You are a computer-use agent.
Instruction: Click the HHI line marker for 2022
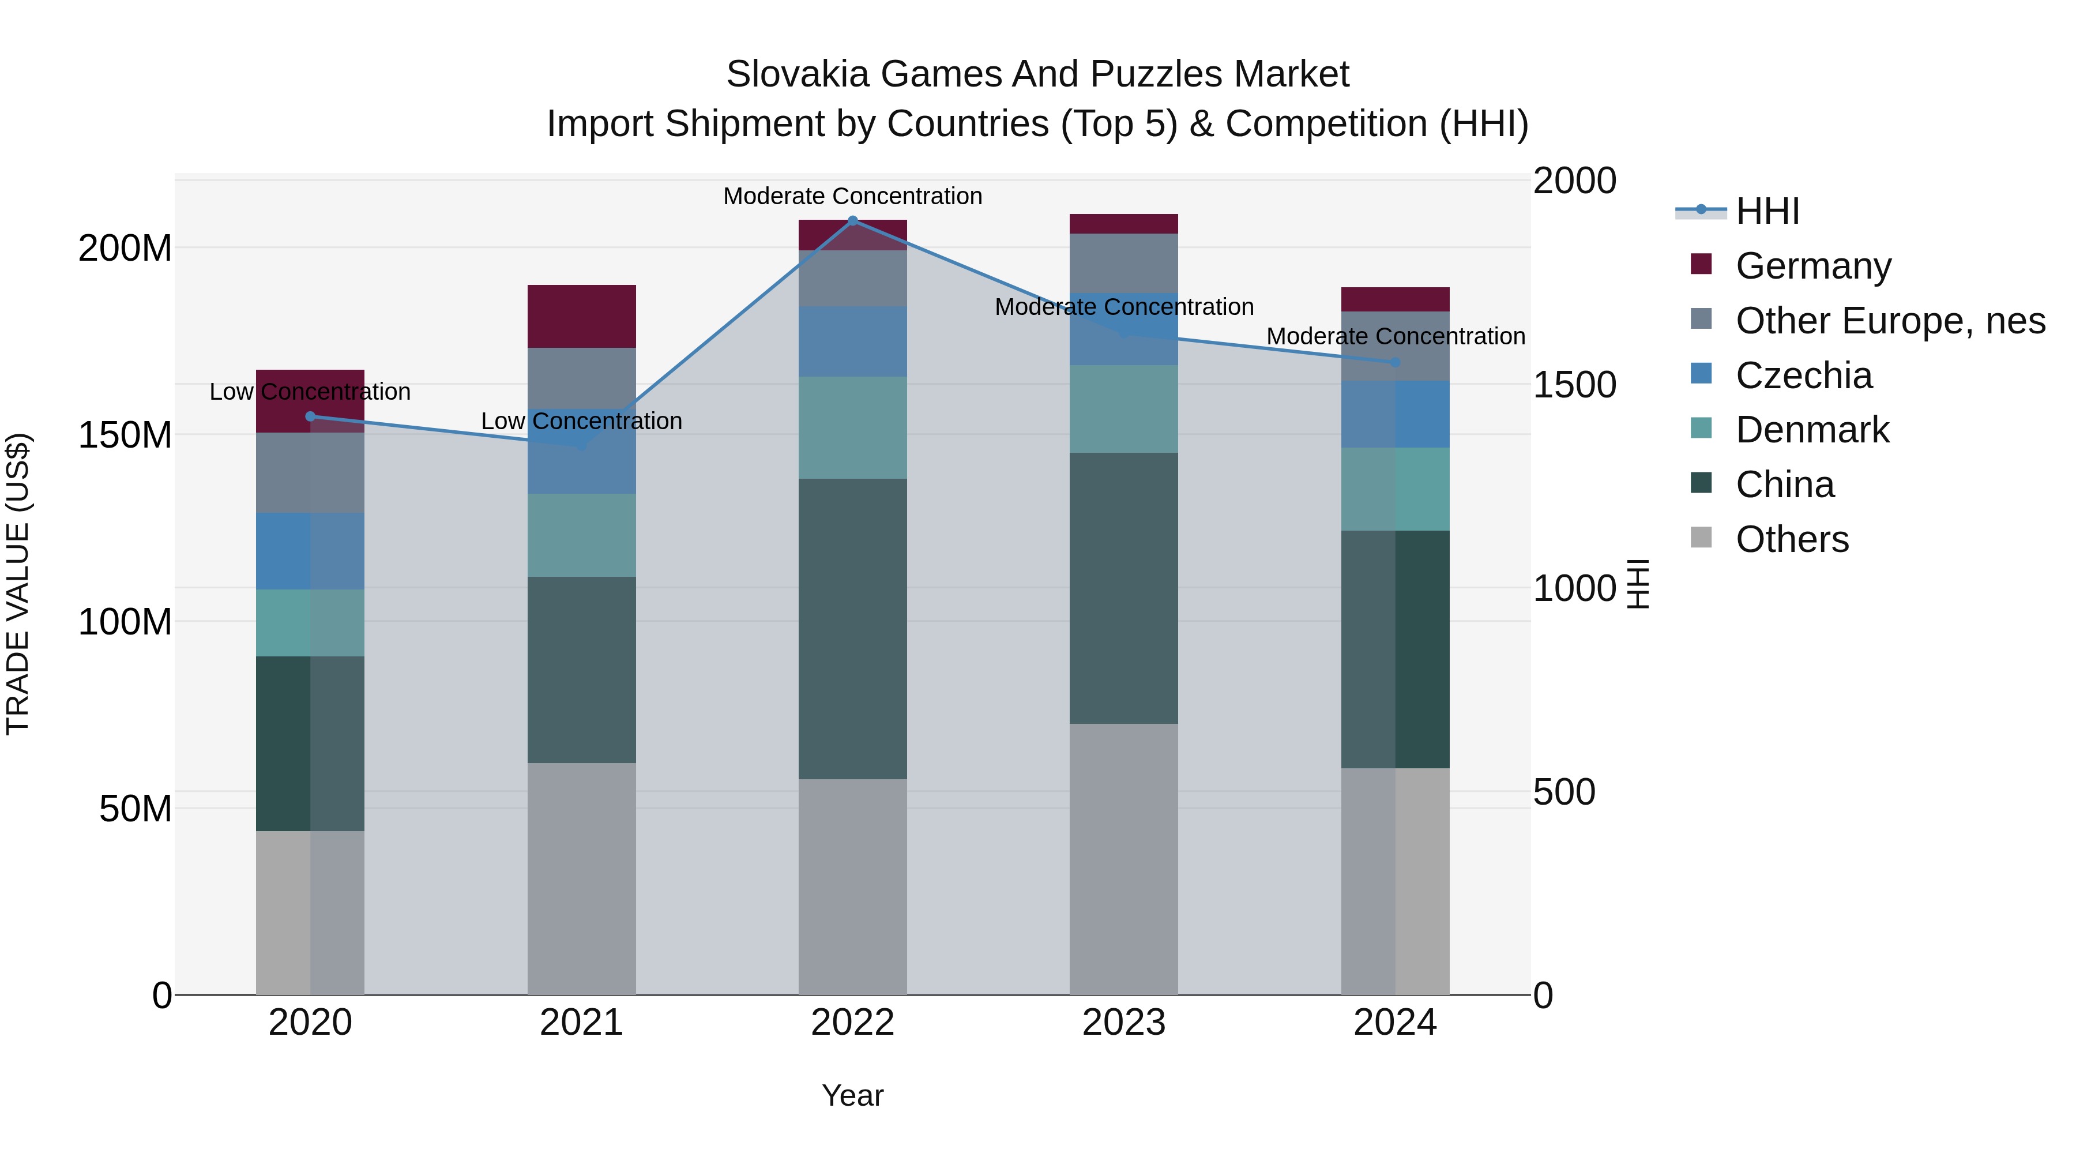[x=853, y=220]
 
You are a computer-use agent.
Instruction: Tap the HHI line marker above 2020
[x=310, y=416]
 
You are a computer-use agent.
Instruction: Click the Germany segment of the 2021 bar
[x=581, y=316]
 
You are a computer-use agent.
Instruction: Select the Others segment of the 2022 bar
[x=853, y=886]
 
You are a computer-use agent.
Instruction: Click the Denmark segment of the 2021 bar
[x=581, y=535]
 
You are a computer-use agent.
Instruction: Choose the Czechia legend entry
[x=1804, y=375]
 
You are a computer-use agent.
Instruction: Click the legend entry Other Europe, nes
[x=1890, y=321]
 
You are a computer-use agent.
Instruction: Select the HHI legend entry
[x=1767, y=211]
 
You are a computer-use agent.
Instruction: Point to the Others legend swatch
[x=1701, y=537]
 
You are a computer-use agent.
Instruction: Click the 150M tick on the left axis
[x=125, y=435]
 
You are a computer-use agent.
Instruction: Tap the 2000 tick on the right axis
[x=1574, y=181]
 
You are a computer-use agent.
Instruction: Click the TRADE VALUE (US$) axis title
[x=18, y=584]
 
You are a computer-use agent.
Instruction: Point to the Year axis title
[x=853, y=1095]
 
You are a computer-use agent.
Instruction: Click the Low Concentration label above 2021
[x=581, y=421]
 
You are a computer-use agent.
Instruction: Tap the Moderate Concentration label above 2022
[x=853, y=196]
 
